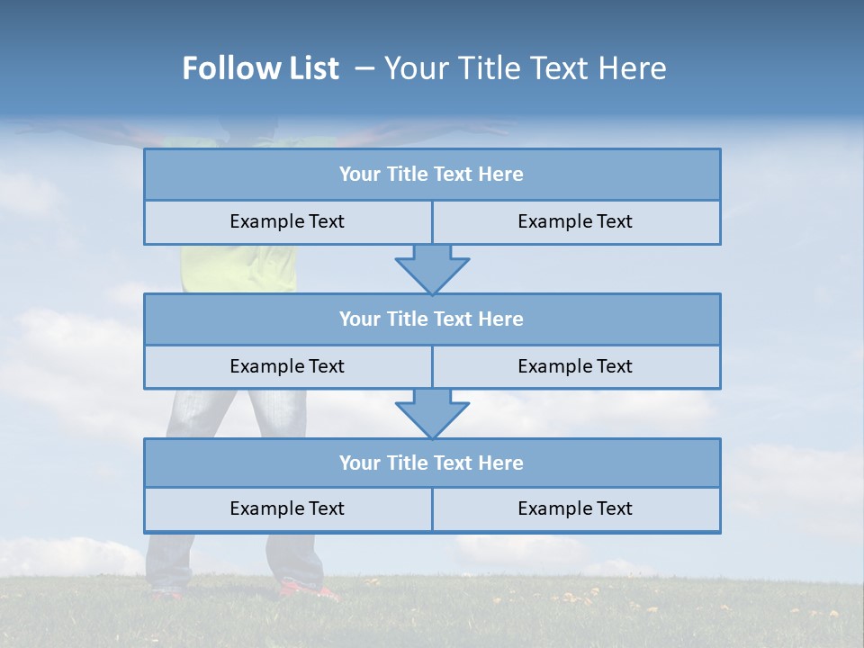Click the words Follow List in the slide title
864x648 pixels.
[260, 68]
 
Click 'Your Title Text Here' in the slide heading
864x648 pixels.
[525, 68]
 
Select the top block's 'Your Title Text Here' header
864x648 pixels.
[431, 175]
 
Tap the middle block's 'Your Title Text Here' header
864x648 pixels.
[431, 319]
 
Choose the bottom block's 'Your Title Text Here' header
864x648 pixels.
[431, 463]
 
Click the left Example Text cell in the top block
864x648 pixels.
[287, 221]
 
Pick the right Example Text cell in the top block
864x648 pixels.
[575, 221]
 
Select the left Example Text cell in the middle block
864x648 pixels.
[287, 366]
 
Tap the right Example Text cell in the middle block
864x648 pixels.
[575, 366]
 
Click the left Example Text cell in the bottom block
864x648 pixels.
[287, 508]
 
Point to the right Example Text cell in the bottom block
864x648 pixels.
[575, 508]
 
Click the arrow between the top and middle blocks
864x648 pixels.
[432, 268]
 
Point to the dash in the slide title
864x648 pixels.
[364, 68]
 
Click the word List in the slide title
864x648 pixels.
[310, 68]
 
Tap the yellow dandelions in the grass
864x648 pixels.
[576, 597]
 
